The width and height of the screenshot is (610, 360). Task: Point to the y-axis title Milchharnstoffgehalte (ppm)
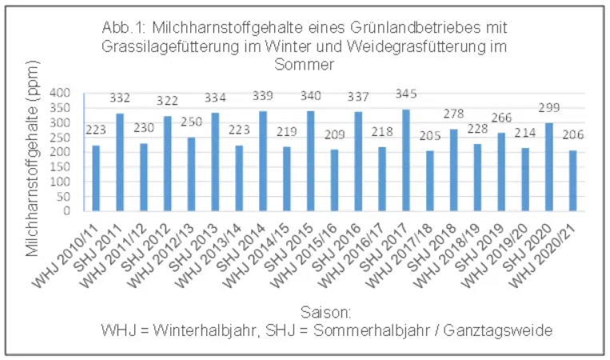[x=34, y=172]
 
